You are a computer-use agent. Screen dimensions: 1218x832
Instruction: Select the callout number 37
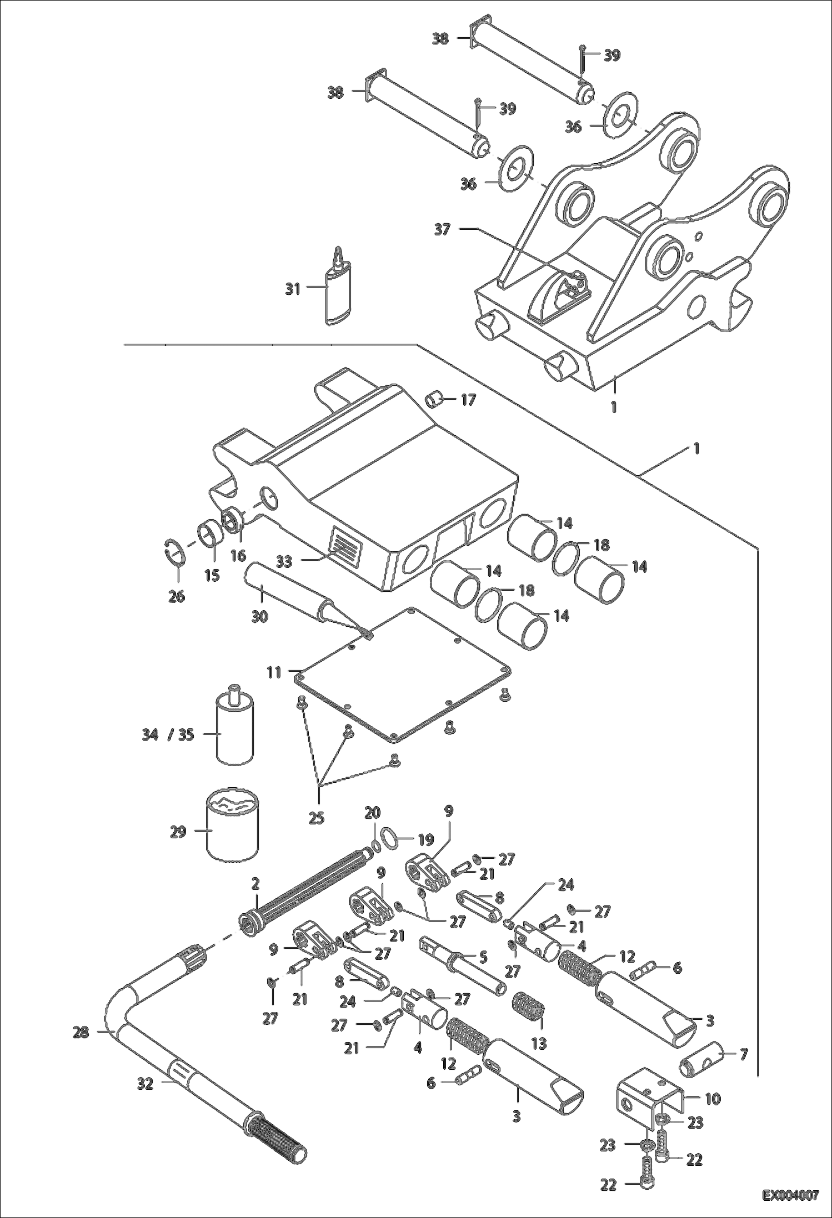(442, 229)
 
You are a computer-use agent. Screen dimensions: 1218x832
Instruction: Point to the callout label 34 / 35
(166, 734)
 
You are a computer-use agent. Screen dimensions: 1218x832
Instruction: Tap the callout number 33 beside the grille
(284, 562)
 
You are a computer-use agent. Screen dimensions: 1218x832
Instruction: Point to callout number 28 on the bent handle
(81, 1033)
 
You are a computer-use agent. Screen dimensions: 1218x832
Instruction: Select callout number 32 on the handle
(145, 1083)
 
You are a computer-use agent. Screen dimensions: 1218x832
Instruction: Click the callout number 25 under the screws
(316, 818)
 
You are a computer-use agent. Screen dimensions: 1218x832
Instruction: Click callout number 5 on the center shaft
(482, 957)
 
